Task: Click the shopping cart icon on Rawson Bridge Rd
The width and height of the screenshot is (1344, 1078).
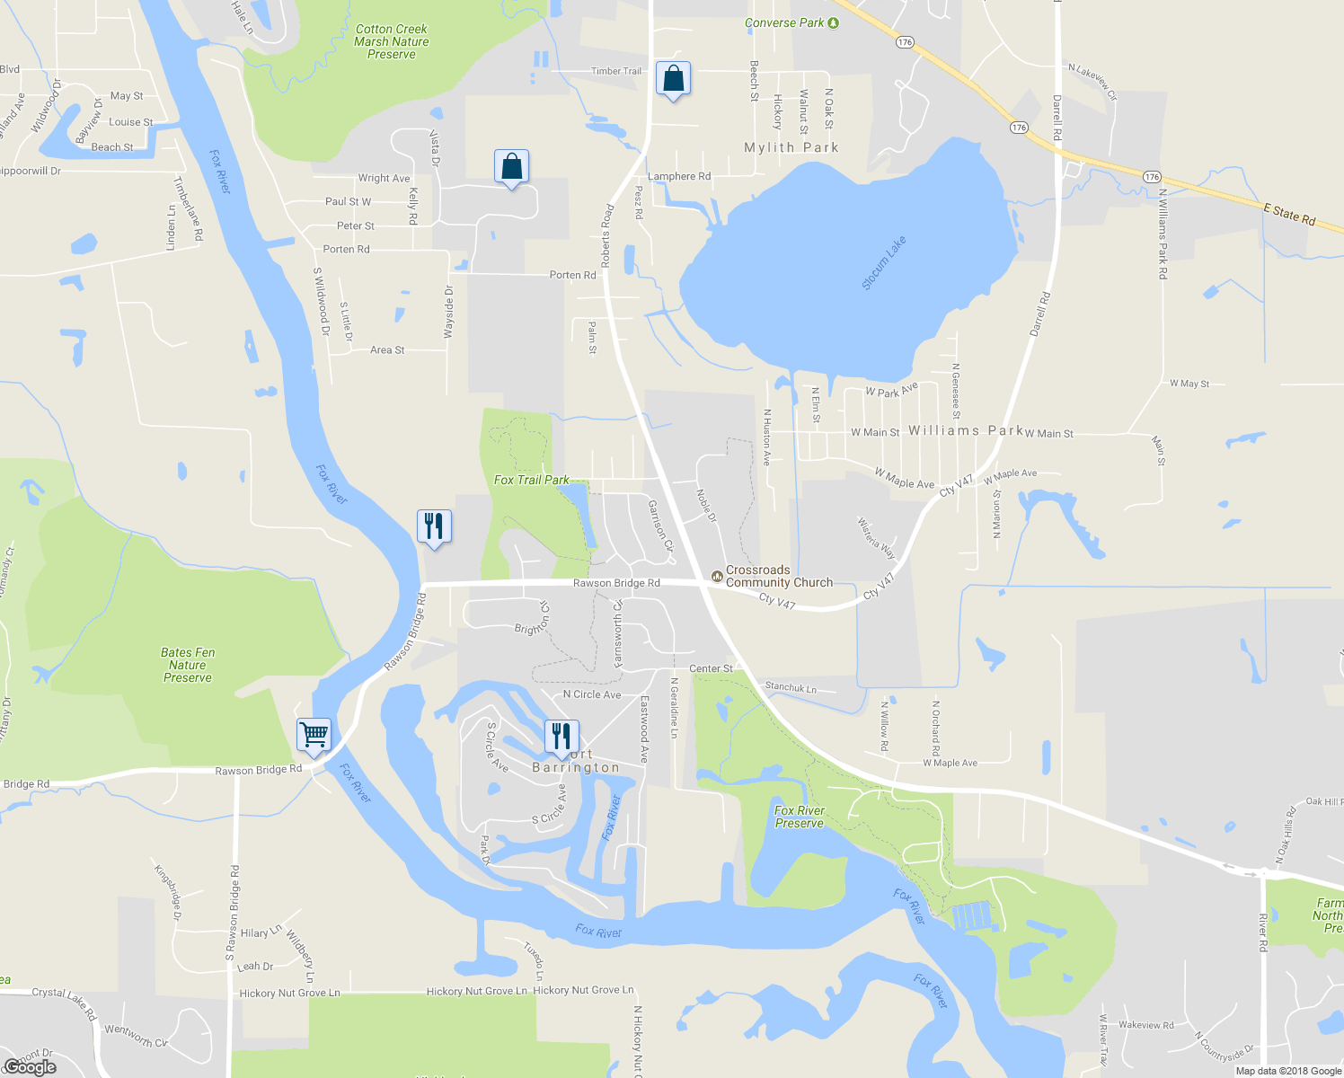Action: click(314, 735)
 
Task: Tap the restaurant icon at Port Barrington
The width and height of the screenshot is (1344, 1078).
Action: click(561, 737)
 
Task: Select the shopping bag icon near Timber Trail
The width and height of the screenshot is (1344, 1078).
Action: click(673, 78)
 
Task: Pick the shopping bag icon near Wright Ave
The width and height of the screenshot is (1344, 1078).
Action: click(511, 167)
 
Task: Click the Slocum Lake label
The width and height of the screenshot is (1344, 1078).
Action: click(884, 262)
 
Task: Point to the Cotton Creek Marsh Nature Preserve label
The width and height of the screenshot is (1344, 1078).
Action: click(392, 42)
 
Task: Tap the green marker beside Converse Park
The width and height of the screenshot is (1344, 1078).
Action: click(833, 22)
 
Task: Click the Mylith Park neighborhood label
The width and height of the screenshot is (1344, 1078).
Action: click(791, 147)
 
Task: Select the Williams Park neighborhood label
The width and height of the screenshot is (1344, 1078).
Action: click(966, 431)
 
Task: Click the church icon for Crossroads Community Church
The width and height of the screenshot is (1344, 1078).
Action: click(717, 575)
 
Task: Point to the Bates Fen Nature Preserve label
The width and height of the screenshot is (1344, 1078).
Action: click(188, 665)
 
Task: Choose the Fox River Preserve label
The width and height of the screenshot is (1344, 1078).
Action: click(800, 817)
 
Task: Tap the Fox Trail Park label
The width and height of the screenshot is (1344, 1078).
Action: click(532, 480)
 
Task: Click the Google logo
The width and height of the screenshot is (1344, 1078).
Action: click(31, 1066)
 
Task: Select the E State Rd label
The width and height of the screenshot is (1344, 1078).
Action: click(1289, 215)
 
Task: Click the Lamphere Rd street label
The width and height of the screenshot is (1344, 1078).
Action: click(679, 177)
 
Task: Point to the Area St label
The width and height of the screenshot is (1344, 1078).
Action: click(387, 350)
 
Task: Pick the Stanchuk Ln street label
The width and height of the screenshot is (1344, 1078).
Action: click(791, 688)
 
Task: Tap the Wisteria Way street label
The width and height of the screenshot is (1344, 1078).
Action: click(876, 537)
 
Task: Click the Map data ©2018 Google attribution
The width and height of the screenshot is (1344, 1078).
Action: click(1288, 1071)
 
